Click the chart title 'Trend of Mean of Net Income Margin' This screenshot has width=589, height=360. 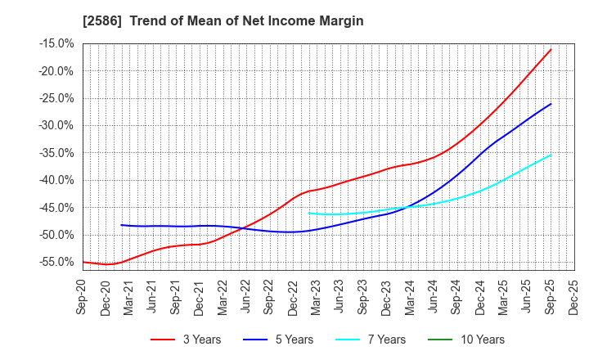[x=245, y=20]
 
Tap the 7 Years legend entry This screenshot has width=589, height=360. [x=380, y=340]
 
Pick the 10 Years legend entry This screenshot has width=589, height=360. [x=476, y=340]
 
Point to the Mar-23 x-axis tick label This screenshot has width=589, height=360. [x=306, y=295]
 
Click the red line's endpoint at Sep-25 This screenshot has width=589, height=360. [x=551, y=49]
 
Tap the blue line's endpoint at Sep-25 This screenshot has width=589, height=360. [x=551, y=104]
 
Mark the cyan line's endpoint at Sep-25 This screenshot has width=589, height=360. [x=551, y=155]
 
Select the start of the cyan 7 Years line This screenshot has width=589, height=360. [x=308, y=213]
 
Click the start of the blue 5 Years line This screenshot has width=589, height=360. [x=121, y=225]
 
